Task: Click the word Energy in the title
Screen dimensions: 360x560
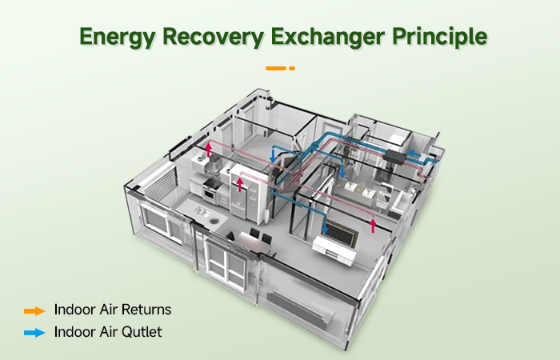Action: click(117, 37)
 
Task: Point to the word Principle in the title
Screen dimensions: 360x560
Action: click(443, 37)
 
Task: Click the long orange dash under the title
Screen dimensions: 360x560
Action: click(276, 68)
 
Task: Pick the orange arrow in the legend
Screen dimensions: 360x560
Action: click(34, 310)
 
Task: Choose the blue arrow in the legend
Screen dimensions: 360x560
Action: click(34, 331)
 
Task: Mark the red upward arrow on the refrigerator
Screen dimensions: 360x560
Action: click(239, 186)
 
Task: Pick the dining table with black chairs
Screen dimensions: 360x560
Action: click(248, 240)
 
